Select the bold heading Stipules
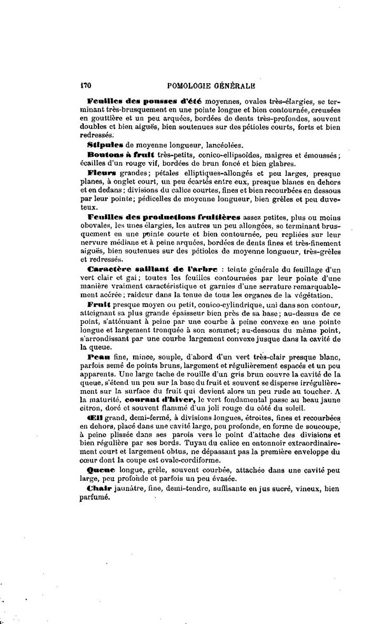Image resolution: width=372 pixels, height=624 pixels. pos(104,144)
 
